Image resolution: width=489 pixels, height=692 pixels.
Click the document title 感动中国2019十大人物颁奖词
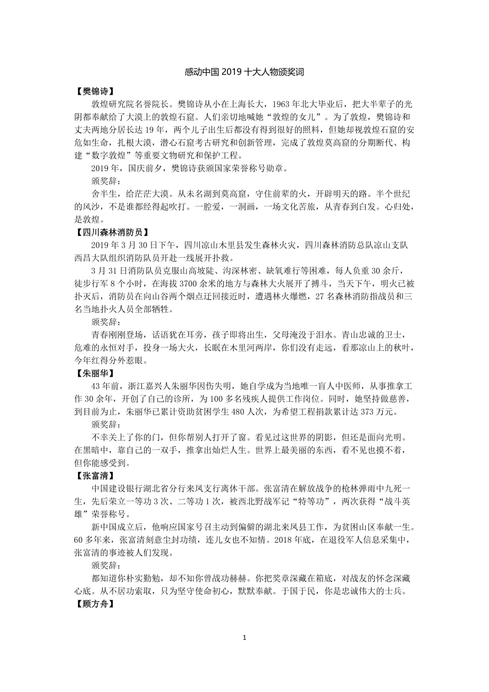coord(244,71)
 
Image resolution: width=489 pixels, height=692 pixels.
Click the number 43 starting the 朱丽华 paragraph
coord(97,386)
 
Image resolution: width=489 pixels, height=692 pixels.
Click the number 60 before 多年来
coord(80,539)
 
